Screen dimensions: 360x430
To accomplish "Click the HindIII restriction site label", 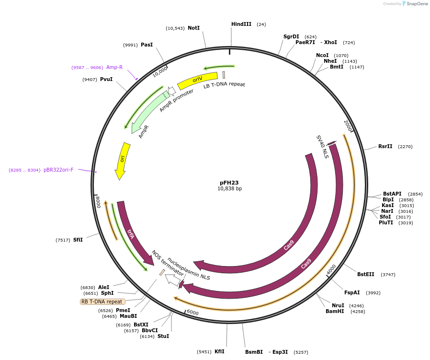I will pyautogui.click(x=241, y=24).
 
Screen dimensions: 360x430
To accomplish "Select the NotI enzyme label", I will pyautogui.click(x=193, y=28).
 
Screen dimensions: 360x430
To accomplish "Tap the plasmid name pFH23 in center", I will pyautogui.click(x=229, y=183).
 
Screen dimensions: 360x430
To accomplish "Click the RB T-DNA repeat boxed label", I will pyautogui.click(x=102, y=302).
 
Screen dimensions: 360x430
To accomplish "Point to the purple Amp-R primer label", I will pyautogui.click(x=114, y=67).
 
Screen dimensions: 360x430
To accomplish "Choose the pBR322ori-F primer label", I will pyautogui.click(x=58, y=170).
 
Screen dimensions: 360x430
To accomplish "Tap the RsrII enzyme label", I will pyautogui.click(x=385, y=146).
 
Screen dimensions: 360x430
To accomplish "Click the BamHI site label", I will pyautogui.click(x=335, y=311).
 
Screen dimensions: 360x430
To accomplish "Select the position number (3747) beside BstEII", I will pyautogui.click(x=388, y=275).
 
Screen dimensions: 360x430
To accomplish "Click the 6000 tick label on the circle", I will pyautogui.click(x=192, y=313).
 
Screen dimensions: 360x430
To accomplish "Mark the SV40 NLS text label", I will pyautogui.click(x=322, y=146).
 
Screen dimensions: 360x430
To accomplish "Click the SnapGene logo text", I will pyautogui.click(x=416, y=4).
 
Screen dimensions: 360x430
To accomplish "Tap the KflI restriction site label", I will pyautogui.click(x=219, y=351).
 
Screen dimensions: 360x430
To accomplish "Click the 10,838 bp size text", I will pyautogui.click(x=229, y=189).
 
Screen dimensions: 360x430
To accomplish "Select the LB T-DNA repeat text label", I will pyautogui.click(x=224, y=85).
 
